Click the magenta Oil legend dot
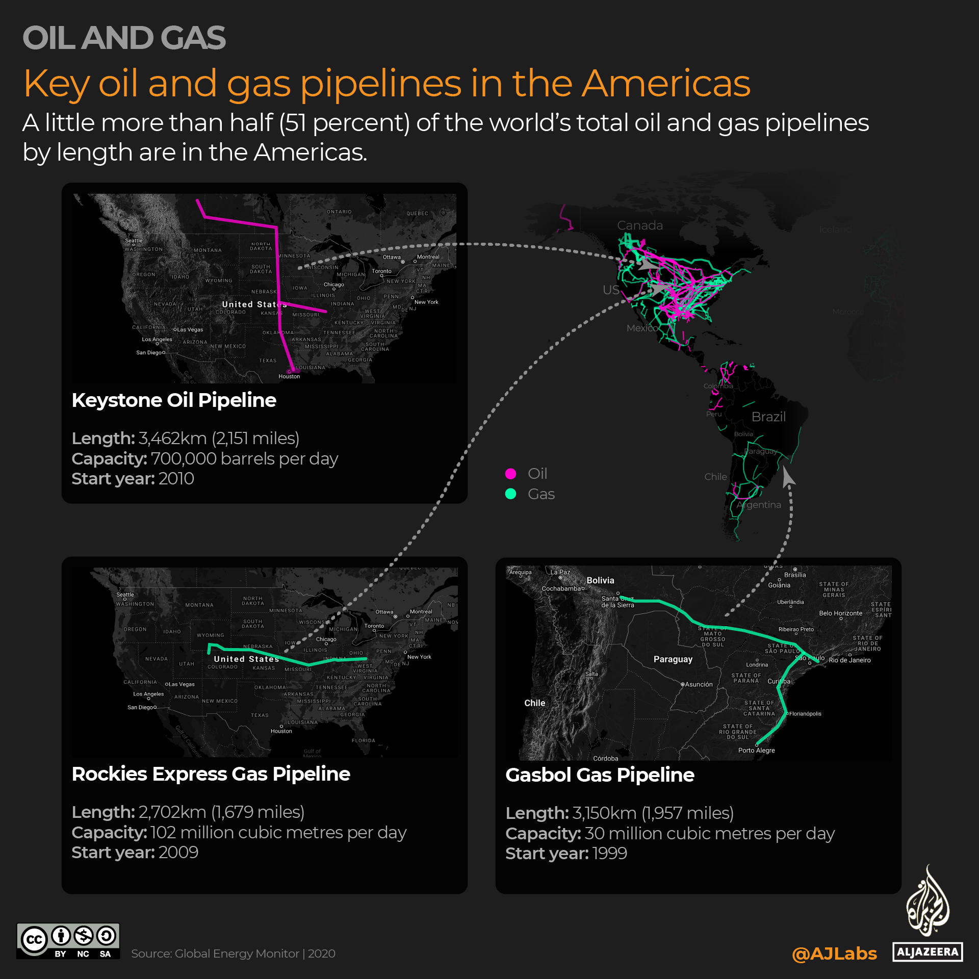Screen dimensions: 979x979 click(510, 474)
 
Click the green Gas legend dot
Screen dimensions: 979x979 click(510, 494)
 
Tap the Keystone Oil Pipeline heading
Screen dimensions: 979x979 click(174, 400)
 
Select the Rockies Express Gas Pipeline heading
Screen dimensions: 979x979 click(211, 774)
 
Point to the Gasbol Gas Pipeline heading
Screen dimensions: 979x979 click(600, 775)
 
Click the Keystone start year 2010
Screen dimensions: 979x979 click(176, 479)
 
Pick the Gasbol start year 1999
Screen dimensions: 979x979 click(609, 854)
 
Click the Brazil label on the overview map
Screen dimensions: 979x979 click(768, 417)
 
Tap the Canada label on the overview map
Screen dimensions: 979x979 click(640, 225)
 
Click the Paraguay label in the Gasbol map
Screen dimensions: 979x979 click(673, 659)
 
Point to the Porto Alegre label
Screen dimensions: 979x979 click(756, 751)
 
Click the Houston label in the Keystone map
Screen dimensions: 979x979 click(289, 377)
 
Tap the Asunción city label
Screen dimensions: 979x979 click(699, 685)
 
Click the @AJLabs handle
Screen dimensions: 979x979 click(834, 954)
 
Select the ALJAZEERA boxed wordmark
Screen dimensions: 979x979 click(928, 952)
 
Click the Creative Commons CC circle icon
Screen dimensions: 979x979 click(34, 939)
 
